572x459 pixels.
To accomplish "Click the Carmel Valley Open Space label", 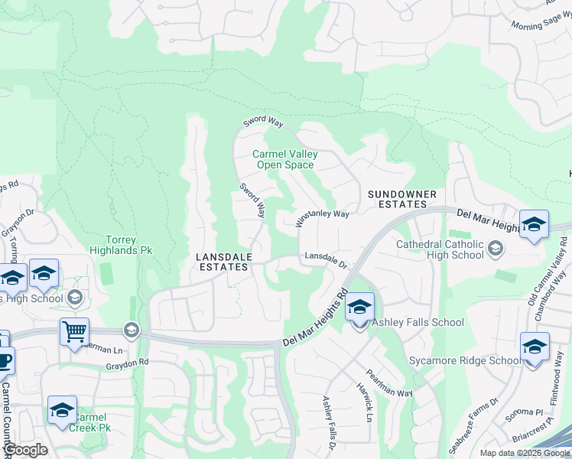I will pos(284,159).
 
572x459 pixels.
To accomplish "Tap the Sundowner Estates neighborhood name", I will pos(401,200).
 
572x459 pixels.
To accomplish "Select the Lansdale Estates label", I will pos(223,262).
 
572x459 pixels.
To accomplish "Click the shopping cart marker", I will pos(74,332).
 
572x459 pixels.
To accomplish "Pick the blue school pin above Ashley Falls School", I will pos(359,308).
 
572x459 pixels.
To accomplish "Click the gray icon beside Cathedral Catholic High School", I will pos(495,248).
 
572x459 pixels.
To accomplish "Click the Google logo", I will pos(24,450).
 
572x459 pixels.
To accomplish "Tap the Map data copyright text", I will pos(525,453).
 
